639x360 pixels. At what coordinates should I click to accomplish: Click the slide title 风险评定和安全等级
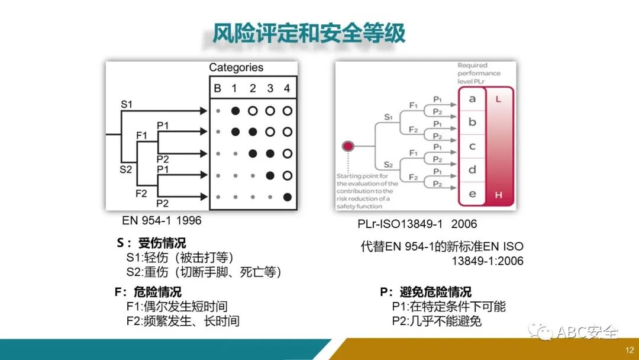[x=309, y=33]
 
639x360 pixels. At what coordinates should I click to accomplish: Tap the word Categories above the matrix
[x=236, y=67]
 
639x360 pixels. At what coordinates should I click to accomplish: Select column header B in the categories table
[x=217, y=89]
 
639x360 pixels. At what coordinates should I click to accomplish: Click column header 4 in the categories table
[x=287, y=89]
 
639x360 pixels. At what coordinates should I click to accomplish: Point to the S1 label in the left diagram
[x=127, y=104]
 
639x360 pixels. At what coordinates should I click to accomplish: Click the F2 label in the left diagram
[x=141, y=193]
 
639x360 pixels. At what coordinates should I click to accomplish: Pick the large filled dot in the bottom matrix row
[x=288, y=197]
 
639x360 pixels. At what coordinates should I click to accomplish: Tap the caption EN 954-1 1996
[x=162, y=221]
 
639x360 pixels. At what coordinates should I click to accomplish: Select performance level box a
[x=472, y=99]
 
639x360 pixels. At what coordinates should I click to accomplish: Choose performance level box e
[x=472, y=194]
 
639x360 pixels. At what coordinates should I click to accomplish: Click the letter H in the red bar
[x=498, y=194]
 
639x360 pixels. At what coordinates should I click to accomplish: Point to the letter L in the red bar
[x=498, y=99]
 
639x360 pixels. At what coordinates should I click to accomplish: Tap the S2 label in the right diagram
[x=389, y=164]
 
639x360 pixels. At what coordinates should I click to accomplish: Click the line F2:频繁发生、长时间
[x=182, y=321]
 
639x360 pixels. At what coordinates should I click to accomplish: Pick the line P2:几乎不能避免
[x=437, y=321]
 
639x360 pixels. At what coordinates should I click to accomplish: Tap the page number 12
[x=629, y=350]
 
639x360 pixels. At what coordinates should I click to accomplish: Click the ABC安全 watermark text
[x=586, y=333]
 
